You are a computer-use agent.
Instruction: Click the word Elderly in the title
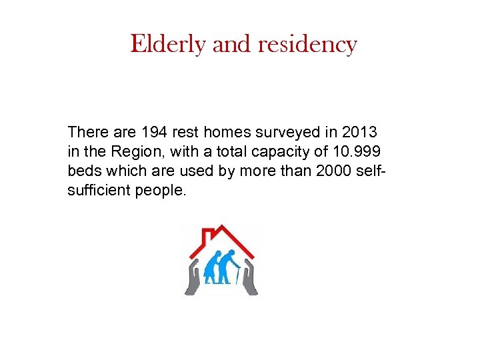pos(169,45)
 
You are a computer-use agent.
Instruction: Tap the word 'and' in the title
pos(231,45)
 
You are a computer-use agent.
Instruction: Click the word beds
pos(85,171)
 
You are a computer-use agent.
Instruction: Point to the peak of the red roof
pos(223,226)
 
